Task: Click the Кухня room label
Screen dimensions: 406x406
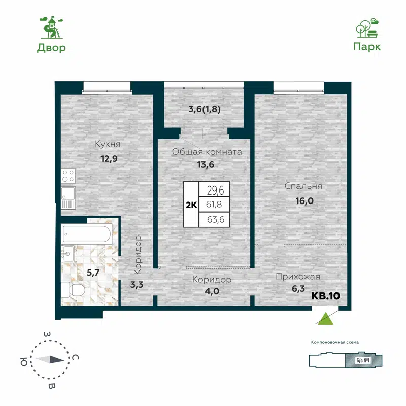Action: pyautogui.click(x=108, y=144)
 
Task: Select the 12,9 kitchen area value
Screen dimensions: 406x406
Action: pyautogui.click(x=108, y=158)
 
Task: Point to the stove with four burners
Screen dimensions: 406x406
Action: pyautogui.click(x=68, y=176)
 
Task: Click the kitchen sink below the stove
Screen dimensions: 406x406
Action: pyautogui.click(x=68, y=197)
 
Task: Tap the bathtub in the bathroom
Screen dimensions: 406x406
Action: pyautogui.click(x=86, y=234)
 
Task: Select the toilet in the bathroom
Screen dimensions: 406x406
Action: pyautogui.click(x=72, y=290)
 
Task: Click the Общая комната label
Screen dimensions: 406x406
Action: pyautogui.click(x=207, y=152)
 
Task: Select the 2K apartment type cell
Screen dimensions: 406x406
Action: pyautogui.click(x=191, y=204)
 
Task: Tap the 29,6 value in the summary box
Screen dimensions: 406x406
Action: pyautogui.click(x=215, y=190)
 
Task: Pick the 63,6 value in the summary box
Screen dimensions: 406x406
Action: pyautogui.click(x=215, y=220)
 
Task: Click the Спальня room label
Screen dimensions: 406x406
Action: pyautogui.click(x=303, y=186)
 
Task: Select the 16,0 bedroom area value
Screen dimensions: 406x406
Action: pyautogui.click(x=303, y=200)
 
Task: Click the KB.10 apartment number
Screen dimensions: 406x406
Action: pyautogui.click(x=325, y=296)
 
